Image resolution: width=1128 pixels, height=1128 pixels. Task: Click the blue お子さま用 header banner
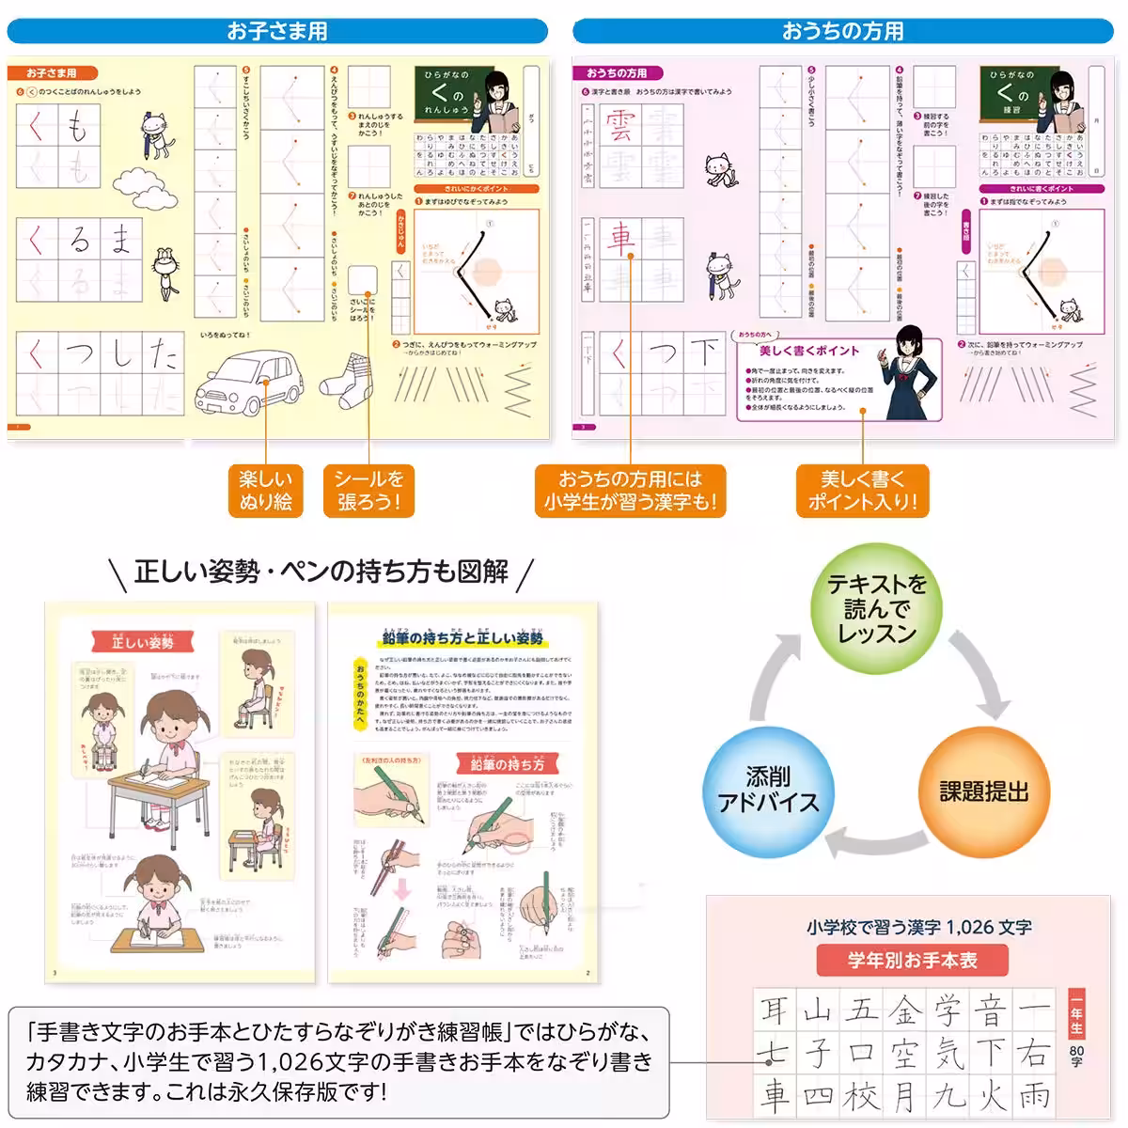click(x=277, y=31)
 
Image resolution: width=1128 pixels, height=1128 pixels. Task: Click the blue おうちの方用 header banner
click(x=842, y=31)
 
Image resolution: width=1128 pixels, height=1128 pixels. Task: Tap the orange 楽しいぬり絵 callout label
click(x=266, y=490)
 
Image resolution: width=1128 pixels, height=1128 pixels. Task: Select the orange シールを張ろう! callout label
click(x=368, y=490)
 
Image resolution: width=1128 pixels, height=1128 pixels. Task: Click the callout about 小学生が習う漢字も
click(x=630, y=490)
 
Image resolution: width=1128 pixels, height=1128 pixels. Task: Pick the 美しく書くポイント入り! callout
click(x=862, y=490)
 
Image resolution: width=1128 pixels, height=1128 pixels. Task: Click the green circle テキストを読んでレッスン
click(x=876, y=610)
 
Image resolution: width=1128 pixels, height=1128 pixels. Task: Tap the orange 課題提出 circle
click(x=983, y=791)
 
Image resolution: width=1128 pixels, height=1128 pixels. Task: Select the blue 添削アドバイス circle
click(x=769, y=790)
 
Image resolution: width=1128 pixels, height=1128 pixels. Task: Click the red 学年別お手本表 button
click(x=912, y=960)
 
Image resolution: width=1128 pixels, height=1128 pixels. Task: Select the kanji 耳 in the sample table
click(x=775, y=1010)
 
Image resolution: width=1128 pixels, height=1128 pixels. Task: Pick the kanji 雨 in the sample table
click(x=1034, y=1094)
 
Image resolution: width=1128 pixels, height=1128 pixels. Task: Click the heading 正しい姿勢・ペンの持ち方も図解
click(x=321, y=571)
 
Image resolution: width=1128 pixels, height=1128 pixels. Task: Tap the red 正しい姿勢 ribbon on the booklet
click(x=143, y=642)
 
